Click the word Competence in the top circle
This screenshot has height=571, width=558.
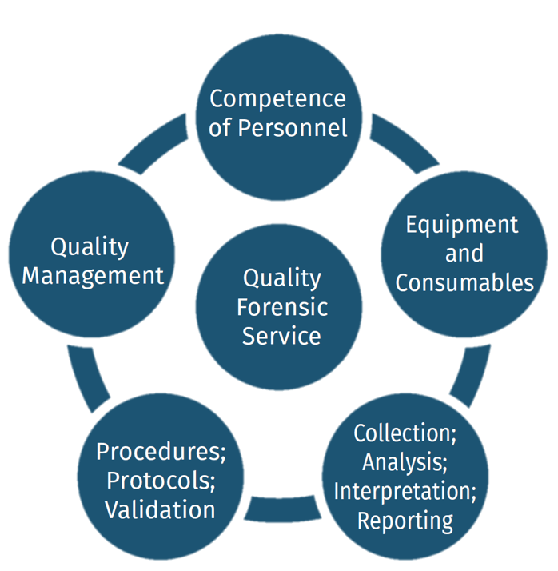[277, 99]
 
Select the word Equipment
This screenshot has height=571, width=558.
[461, 225]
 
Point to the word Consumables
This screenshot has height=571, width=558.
[464, 282]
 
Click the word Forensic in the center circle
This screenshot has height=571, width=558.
[282, 307]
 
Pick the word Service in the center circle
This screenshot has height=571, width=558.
[281, 336]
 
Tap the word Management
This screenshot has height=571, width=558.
[93, 276]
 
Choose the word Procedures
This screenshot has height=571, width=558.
[161, 452]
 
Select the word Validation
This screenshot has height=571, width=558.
[161, 509]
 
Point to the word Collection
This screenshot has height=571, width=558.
[405, 433]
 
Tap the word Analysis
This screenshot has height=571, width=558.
[405, 462]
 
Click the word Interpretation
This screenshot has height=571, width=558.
[405, 491]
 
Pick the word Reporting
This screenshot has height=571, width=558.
[405, 521]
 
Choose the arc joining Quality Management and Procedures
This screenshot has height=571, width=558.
[86, 373]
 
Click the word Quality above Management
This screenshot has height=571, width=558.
[90, 247]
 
